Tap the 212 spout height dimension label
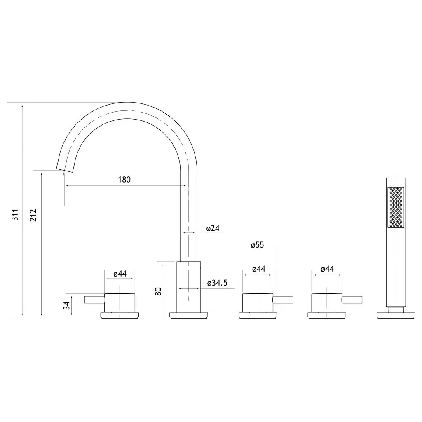(x=33, y=215)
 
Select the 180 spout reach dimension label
(x=124, y=180)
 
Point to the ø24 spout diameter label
(x=213, y=228)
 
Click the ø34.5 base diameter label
(x=217, y=283)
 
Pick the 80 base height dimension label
(x=158, y=291)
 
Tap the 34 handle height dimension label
(x=66, y=305)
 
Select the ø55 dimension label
(x=257, y=245)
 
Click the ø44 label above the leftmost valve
(x=120, y=274)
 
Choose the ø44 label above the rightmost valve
(x=327, y=269)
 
